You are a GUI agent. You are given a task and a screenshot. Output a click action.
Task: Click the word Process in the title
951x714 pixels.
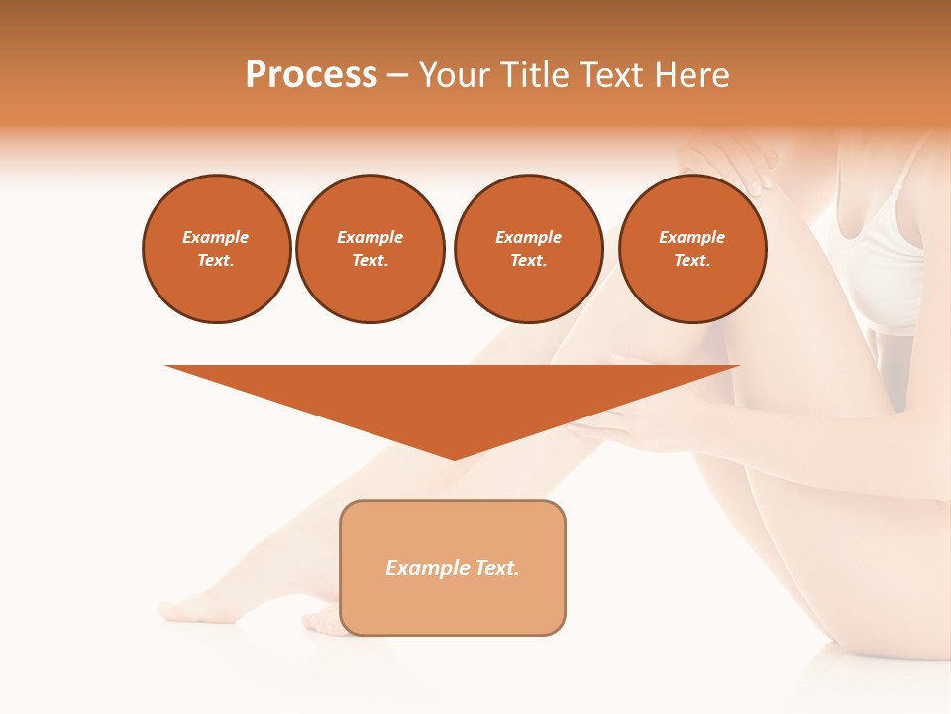(x=311, y=75)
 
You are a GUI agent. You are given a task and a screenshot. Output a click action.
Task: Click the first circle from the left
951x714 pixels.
(x=217, y=249)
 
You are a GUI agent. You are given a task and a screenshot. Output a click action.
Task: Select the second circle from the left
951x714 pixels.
(x=370, y=249)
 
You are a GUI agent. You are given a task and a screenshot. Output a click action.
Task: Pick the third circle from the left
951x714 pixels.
(x=529, y=249)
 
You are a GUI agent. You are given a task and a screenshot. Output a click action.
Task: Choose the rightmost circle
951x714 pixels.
(x=692, y=249)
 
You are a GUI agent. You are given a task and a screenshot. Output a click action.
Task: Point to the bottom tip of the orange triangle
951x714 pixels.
(x=454, y=459)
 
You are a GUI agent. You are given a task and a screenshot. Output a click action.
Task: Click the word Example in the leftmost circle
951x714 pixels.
(x=216, y=238)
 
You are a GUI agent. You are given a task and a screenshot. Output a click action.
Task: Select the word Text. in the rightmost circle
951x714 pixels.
(x=692, y=261)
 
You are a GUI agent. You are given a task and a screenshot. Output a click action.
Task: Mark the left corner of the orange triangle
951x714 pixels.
(x=166, y=366)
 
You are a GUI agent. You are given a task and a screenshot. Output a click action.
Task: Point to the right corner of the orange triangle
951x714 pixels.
(x=738, y=366)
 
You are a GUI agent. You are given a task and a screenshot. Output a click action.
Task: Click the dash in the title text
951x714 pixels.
(x=398, y=75)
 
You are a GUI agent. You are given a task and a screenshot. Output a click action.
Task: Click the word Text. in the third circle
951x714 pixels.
(x=529, y=261)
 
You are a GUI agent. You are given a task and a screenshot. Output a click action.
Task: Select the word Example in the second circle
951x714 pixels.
(x=370, y=238)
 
